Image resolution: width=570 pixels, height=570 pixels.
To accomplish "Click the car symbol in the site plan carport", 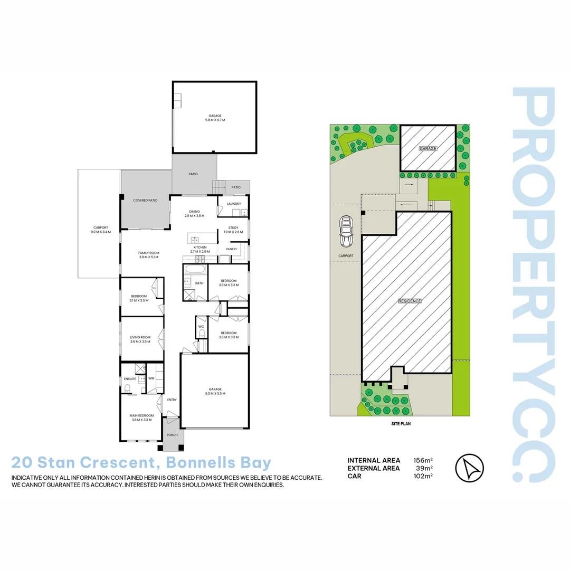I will [347, 232].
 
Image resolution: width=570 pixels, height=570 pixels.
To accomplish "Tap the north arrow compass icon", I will [469, 468].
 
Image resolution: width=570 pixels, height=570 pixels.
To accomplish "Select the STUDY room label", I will [233, 228].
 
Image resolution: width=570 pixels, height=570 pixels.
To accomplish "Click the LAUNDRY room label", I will [234, 204].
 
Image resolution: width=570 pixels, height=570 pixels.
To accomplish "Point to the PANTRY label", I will [231, 249].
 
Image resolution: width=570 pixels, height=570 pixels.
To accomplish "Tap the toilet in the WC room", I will [201, 334].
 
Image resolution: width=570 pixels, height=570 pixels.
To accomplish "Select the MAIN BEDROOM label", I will [141, 415].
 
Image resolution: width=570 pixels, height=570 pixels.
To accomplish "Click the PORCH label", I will [172, 435].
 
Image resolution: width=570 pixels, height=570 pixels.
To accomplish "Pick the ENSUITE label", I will [130, 379].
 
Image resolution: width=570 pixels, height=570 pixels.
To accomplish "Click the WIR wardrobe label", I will [151, 378].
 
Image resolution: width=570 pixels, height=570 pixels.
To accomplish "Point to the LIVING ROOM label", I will [140, 337].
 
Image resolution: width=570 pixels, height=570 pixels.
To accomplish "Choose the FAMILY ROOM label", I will [148, 253].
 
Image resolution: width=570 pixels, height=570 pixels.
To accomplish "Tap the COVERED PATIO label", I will [145, 201].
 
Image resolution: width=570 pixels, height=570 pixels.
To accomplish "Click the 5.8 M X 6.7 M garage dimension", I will [215, 120].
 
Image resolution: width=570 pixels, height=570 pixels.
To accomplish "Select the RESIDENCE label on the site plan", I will [410, 301].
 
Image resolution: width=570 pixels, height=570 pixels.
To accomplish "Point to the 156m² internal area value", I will [423, 460].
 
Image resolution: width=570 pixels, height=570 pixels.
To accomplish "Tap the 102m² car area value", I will [423, 476].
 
